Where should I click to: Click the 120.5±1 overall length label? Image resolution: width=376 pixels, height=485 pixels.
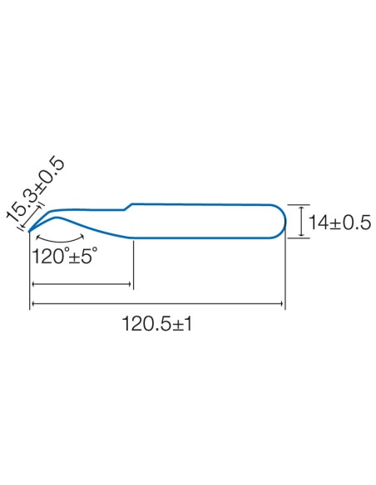point(157,324)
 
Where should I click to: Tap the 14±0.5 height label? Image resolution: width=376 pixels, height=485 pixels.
point(339,223)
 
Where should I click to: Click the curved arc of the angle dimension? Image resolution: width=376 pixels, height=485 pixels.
point(61,241)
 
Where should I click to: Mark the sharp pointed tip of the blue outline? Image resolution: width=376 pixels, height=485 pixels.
point(29,232)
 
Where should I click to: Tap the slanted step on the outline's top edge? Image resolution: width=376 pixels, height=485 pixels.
point(129,207)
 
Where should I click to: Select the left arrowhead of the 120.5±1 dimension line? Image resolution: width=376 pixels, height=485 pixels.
point(33,304)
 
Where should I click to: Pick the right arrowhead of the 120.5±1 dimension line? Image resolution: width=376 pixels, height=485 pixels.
point(281,304)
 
